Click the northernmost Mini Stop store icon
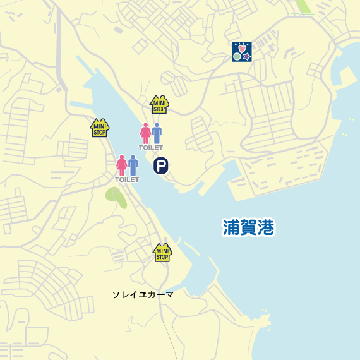(x=159, y=104)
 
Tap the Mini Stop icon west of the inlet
(x=100, y=128)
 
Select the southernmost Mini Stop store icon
(x=162, y=253)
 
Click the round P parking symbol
(x=161, y=165)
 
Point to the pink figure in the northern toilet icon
(x=146, y=133)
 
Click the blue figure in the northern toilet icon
(x=157, y=133)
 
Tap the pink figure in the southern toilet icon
(x=122, y=165)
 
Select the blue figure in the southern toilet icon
(x=133, y=165)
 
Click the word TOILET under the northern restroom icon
(x=151, y=148)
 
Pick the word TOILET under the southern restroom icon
(x=127, y=180)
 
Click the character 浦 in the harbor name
(x=232, y=227)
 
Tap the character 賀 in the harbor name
(x=249, y=227)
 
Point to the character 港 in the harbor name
(x=267, y=227)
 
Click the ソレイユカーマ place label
(x=143, y=294)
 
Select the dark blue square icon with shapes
(x=242, y=52)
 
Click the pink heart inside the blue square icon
(x=242, y=47)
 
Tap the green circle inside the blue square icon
(x=237, y=56)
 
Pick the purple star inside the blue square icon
(x=247, y=56)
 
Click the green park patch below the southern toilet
(x=116, y=197)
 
